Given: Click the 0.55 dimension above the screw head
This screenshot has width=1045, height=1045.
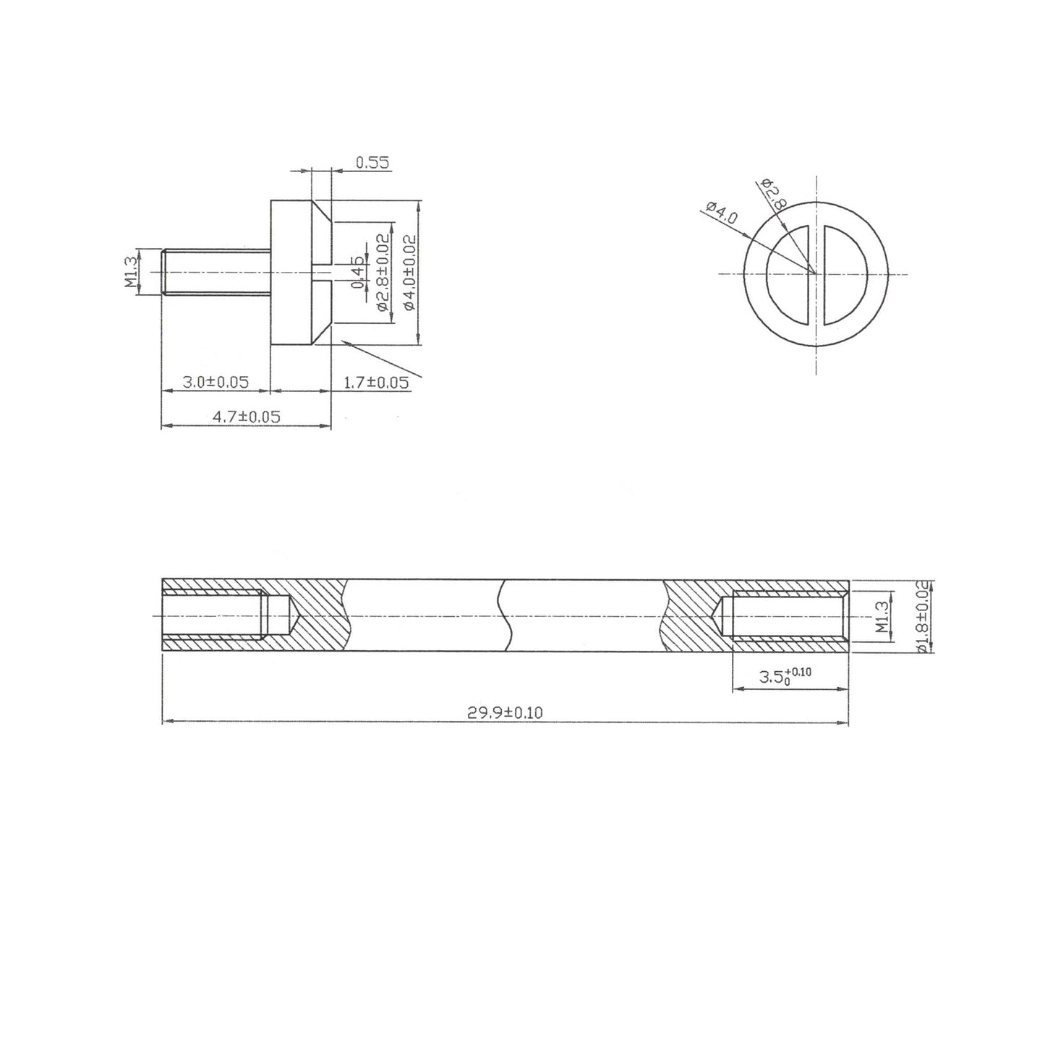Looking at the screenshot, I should click(372, 163).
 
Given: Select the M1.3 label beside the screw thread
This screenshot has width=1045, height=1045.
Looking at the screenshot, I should click(132, 272).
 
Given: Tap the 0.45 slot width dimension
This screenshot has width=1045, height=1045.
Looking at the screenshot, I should click(357, 273).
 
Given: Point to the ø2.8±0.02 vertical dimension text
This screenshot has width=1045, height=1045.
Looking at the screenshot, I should click(383, 273).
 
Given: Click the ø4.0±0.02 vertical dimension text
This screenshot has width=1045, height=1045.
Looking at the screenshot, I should click(409, 273).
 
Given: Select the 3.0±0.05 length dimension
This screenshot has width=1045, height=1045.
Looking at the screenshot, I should click(215, 382).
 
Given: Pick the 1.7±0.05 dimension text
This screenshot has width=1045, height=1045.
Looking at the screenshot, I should click(376, 383).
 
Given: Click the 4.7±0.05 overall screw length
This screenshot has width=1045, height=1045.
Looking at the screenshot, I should click(246, 417).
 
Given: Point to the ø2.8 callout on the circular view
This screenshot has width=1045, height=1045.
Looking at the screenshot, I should click(773, 193).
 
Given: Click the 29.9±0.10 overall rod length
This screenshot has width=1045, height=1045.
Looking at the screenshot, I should click(504, 712).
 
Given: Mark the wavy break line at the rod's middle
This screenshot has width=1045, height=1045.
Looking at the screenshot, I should click(505, 615).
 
